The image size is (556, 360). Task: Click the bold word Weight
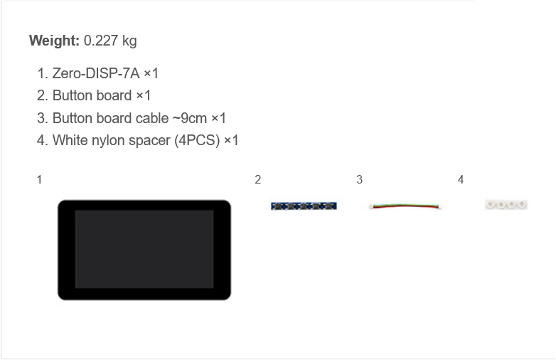54,41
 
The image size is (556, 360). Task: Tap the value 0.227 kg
110,41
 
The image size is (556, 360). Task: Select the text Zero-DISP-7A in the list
96,73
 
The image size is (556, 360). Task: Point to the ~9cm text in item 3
190,118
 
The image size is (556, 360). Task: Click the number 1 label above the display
39,179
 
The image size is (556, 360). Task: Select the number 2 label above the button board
258,179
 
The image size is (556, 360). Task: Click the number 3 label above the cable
359,179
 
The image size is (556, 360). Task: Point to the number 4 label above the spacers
461,179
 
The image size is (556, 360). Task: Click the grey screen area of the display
144,249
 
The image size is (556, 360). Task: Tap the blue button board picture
304,206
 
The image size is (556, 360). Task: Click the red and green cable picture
405,206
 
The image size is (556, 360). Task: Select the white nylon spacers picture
506,205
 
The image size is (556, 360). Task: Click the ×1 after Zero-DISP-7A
151,73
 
